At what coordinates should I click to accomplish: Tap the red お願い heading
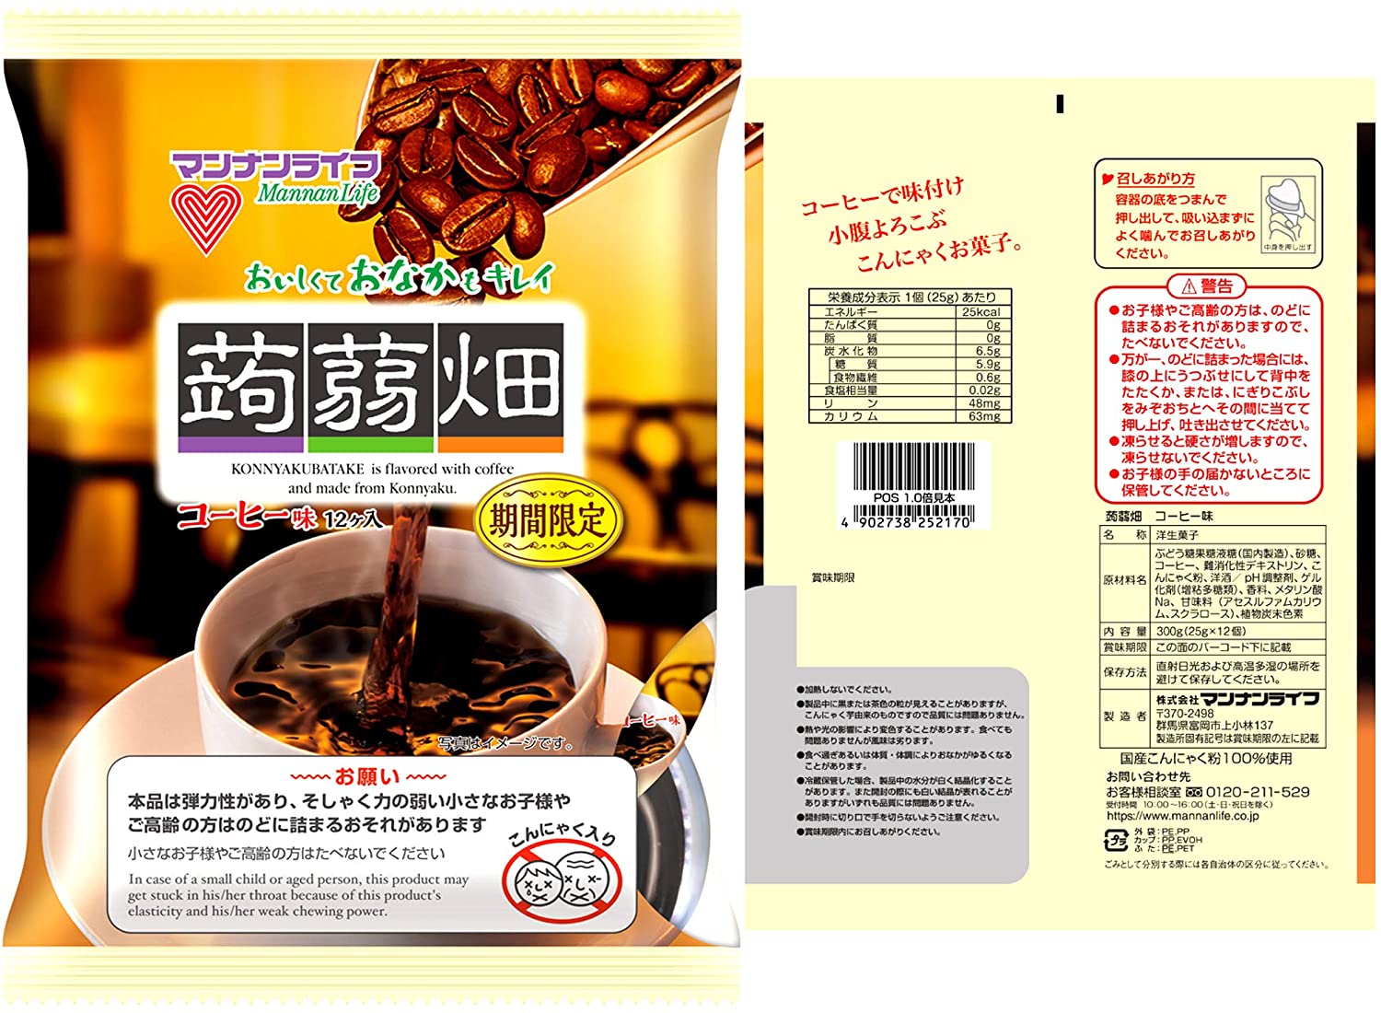point(368,776)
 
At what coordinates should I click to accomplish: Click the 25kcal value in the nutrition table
point(981,312)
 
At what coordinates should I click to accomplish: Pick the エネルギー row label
point(851,312)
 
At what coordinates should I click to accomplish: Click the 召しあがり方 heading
point(1155,179)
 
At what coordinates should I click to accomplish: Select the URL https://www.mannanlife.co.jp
point(1182,816)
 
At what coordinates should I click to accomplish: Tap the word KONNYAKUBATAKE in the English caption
point(297,469)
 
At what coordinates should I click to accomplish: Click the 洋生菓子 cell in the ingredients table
point(1178,535)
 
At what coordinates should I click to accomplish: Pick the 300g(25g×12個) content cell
point(1201,632)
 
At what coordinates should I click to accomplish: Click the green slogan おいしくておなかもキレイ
point(400,277)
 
